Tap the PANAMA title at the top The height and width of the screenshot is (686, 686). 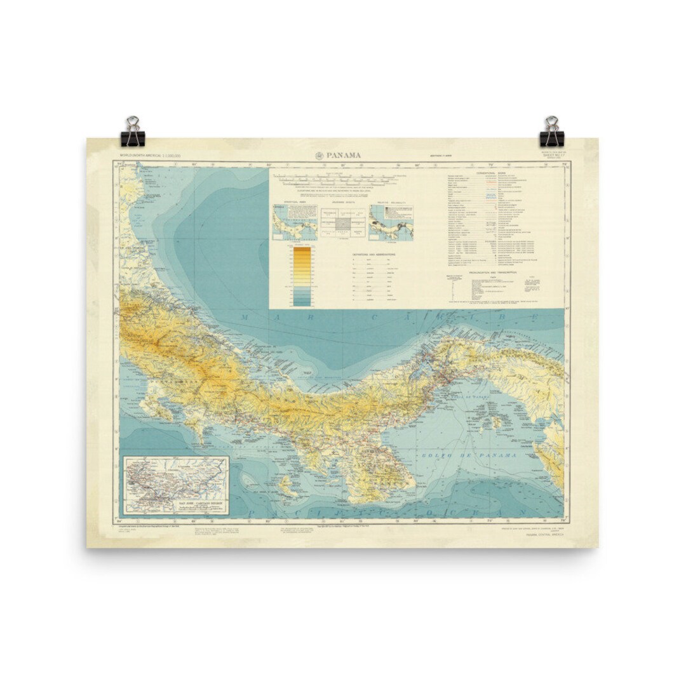pyautogui.click(x=344, y=156)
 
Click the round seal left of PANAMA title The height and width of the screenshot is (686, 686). pyautogui.click(x=319, y=156)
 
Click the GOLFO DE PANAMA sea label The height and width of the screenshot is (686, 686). pyautogui.click(x=467, y=455)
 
